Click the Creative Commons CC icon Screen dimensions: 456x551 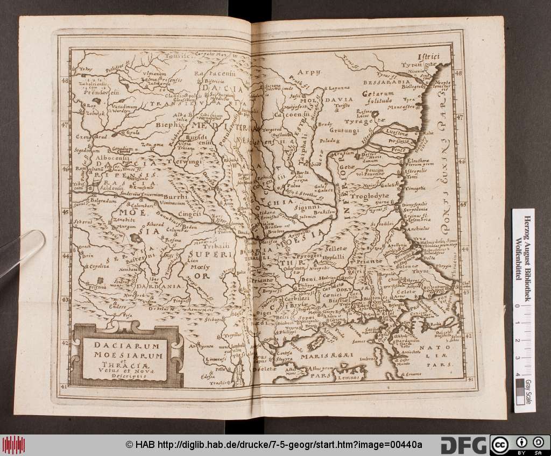[499, 445]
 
